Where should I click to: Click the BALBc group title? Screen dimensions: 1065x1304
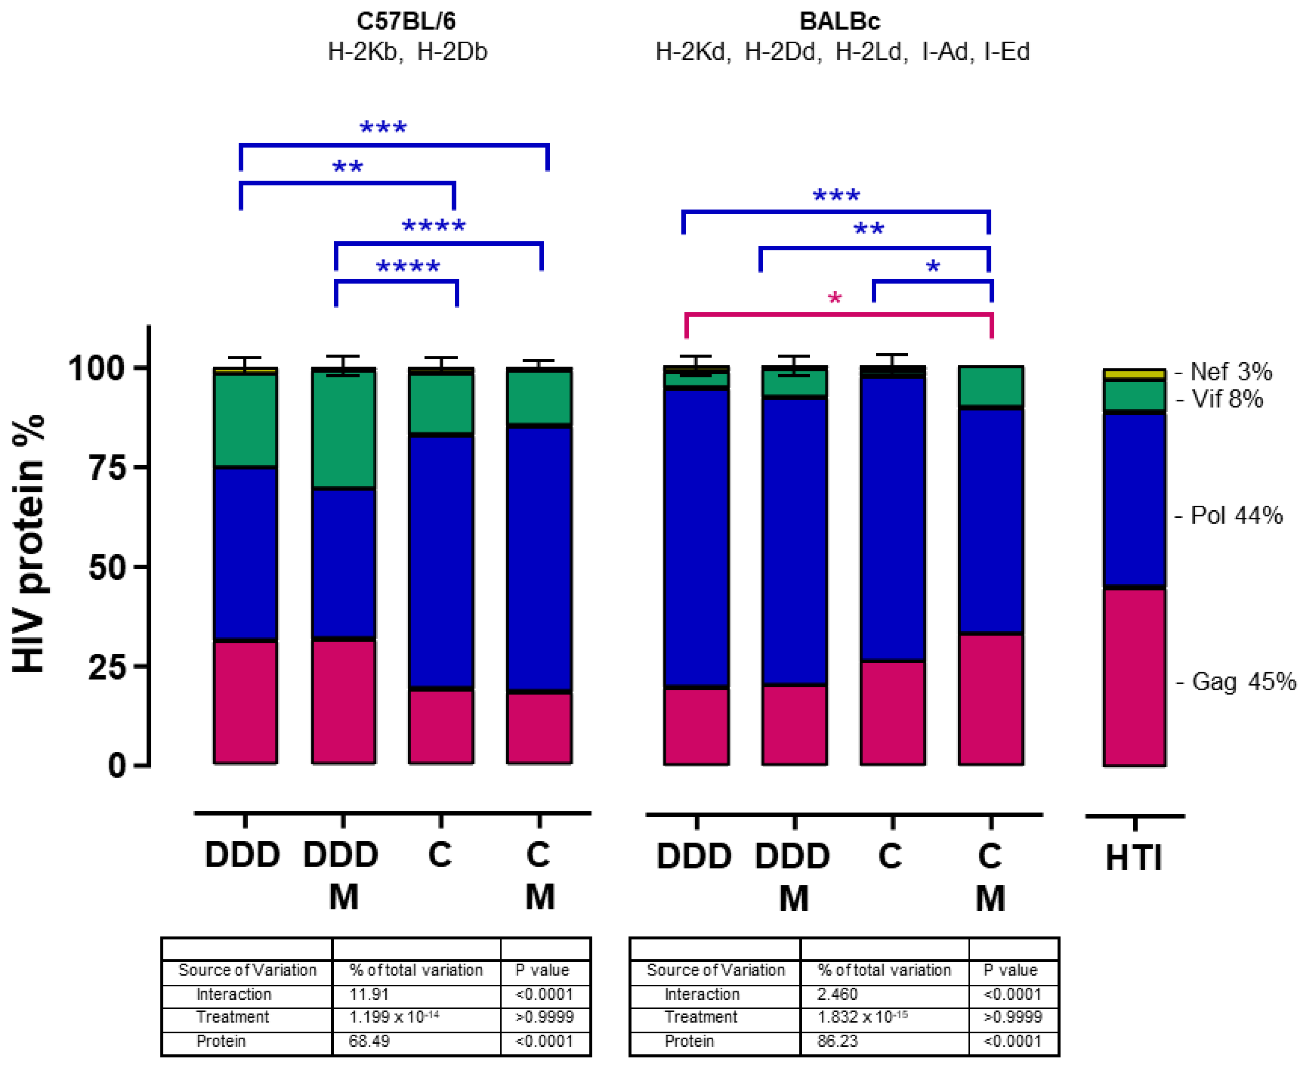(840, 22)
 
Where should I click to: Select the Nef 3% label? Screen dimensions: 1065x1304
(1231, 372)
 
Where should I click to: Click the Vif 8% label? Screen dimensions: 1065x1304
(1228, 399)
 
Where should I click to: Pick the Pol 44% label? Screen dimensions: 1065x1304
(1236, 515)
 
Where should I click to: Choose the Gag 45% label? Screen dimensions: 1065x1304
(1243, 682)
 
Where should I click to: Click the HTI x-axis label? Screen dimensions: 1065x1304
(1134, 857)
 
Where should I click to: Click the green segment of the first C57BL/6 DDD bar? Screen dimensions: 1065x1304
(245, 420)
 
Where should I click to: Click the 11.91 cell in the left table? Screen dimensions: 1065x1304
(369, 994)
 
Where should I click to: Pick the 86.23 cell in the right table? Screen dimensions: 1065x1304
(838, 1041)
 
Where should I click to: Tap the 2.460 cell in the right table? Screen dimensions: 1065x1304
(838, 994)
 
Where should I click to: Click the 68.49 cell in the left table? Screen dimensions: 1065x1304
(369, 1041)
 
